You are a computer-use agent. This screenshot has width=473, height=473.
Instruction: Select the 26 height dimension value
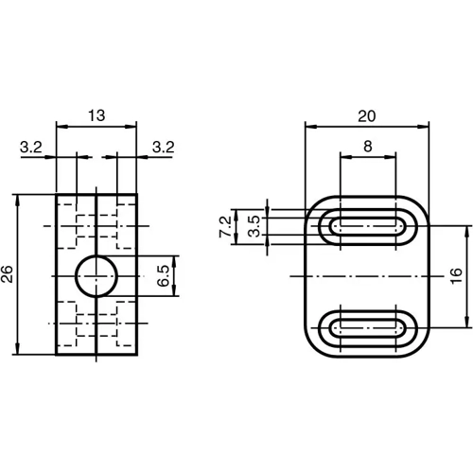9,275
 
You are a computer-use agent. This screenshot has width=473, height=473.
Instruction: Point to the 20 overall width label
368,115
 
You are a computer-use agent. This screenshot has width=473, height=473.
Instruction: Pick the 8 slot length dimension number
368,147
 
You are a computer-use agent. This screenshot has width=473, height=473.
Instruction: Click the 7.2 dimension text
224,226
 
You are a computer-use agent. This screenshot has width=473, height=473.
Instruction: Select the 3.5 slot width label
253,226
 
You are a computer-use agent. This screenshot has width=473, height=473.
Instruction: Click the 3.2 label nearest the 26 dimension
29,147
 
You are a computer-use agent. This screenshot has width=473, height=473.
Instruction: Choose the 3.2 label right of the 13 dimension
163,147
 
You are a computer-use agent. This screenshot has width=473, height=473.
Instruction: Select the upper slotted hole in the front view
368,226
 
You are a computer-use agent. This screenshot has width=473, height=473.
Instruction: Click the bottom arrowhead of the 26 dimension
19,351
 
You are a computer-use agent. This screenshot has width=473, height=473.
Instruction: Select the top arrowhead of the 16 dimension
464,230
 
